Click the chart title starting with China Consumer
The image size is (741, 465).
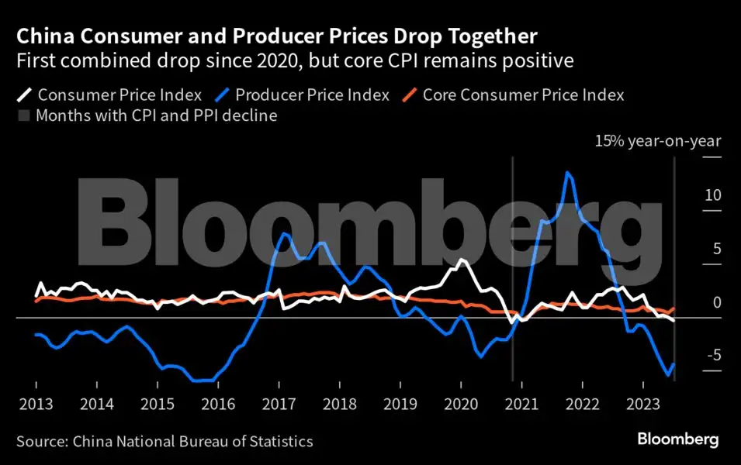click(x=278, y=36)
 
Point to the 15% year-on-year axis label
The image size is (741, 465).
click(x=658, y=141)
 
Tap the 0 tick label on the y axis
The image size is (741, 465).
click(x=717, y=302)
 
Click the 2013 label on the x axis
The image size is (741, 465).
click(x=36, y=403)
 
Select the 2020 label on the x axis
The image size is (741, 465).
click(x=461, y=403)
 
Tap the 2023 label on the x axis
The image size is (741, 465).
click(x=642, y=403)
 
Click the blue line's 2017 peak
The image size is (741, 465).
click(x=285, y=233)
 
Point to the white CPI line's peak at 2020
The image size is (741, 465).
click(x=462, y=260)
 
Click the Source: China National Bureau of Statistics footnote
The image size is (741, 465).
click(x=164, y=441)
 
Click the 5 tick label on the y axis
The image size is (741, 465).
click(x=717, y=249)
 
